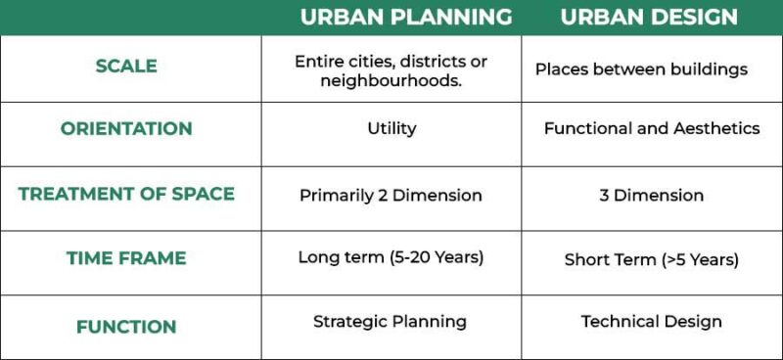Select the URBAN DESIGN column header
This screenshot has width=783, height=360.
649,18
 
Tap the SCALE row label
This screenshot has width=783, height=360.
126,67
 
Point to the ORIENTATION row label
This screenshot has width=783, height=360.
126,129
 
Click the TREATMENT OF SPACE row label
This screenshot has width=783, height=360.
126,194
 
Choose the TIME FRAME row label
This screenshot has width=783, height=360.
126,259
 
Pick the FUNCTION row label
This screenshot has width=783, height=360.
126,327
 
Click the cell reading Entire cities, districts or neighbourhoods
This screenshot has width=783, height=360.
391,70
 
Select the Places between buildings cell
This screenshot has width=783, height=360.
641,69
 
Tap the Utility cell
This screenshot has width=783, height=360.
391,128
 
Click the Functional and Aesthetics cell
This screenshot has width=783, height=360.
652,128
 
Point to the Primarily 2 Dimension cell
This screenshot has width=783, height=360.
391,195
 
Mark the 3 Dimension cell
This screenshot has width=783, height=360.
652,195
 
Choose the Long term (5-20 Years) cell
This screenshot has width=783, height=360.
391,258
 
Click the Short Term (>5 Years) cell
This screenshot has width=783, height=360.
652,260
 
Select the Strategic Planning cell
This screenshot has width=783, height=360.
390,322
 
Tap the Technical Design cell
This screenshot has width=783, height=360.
652,321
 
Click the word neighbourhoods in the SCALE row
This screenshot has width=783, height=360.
391,80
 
